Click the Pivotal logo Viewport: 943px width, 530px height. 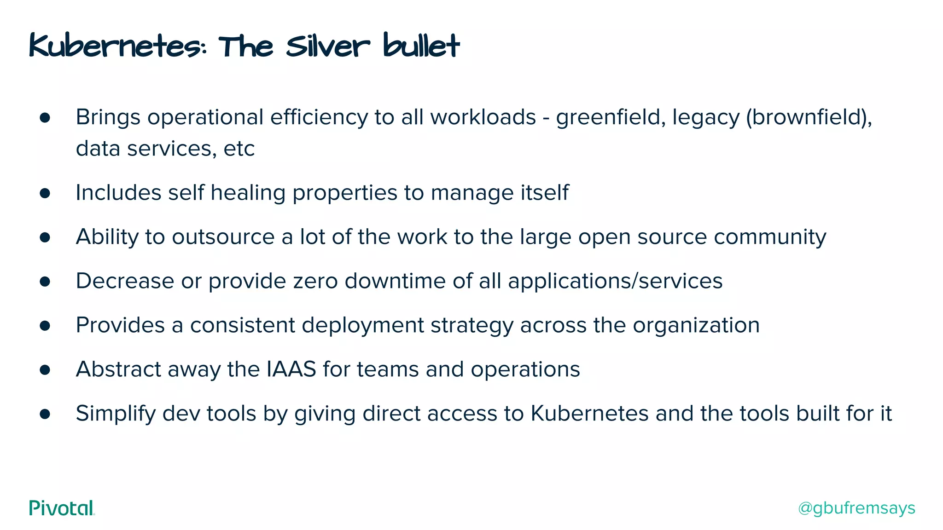62,508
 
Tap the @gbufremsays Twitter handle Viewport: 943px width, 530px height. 856,508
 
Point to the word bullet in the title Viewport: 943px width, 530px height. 421,46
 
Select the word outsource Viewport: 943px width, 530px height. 223,237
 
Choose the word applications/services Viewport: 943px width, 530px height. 615,281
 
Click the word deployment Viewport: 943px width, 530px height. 363,326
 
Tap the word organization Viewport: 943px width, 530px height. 696,326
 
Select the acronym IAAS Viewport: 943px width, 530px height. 291,369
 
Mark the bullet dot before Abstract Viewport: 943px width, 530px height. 45,370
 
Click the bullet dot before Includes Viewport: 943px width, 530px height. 45,193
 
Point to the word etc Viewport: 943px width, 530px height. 239,149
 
